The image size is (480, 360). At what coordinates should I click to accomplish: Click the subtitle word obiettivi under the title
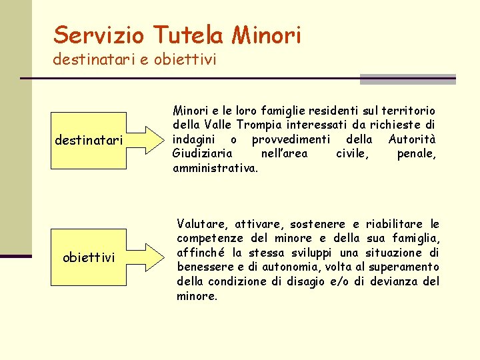(x=185, y=60)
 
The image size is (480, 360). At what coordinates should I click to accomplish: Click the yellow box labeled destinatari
(x=89, y=141)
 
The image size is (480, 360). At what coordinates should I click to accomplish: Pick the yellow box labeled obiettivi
(x=89, y=257)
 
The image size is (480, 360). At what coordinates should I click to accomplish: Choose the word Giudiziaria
(x=203, y=154)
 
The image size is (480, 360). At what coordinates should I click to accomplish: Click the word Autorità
(x=411, y=139)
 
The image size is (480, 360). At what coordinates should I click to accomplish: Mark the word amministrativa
(x=215, y=169)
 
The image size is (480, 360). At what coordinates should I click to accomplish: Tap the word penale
(x=416, y=154)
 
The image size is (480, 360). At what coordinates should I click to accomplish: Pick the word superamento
(x=404, y=267)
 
